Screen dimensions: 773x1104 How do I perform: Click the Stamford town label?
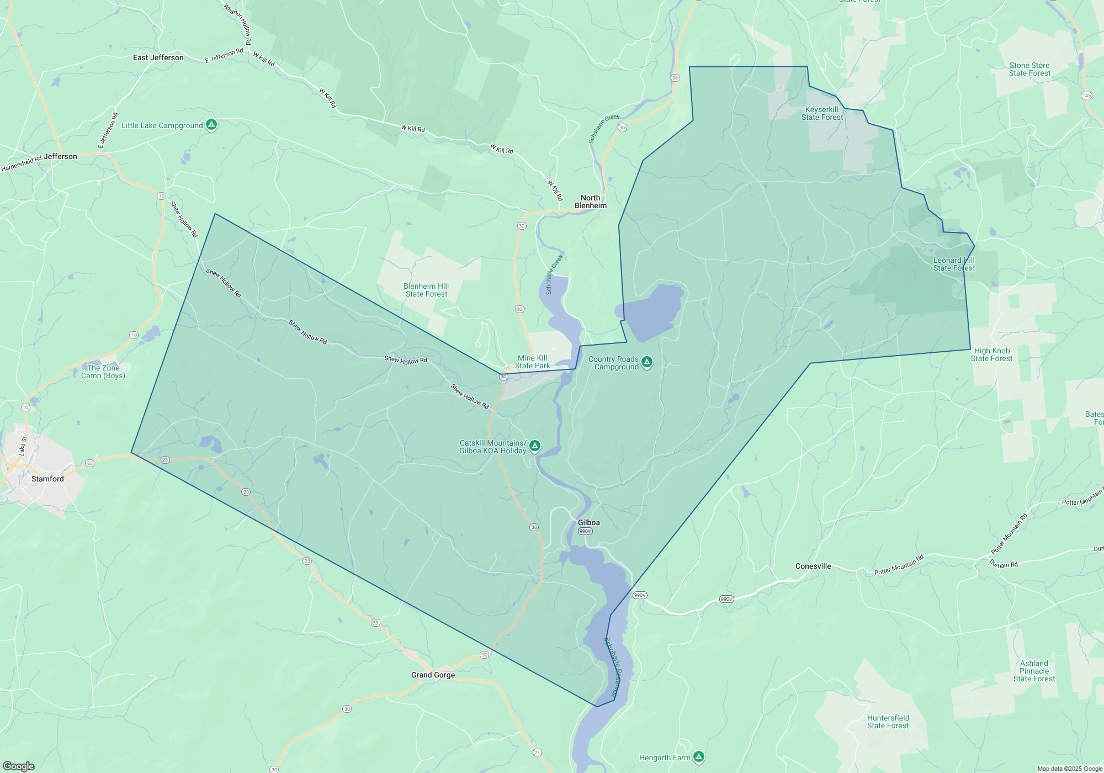point(47,479)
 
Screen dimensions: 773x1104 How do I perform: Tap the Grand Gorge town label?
point(433,675)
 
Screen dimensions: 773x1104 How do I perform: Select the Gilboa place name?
point(588,522)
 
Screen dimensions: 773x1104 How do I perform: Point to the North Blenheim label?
point(590,202)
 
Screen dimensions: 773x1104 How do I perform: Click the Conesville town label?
point(813,566)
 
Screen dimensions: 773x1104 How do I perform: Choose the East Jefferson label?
point(158,57)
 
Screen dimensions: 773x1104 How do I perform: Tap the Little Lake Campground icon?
point(211,125)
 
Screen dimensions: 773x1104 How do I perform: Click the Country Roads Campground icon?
point(647,362)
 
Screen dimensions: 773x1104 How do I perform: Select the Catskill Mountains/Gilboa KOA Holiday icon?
point(534,446)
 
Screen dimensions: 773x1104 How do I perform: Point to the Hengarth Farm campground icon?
point(699,756)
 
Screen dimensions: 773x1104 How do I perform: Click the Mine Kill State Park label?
point(532,362)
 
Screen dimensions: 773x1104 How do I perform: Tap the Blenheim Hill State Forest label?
point(426,290)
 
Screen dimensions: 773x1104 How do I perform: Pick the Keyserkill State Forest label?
point(822,113)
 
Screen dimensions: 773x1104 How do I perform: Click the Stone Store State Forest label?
point(1029,69)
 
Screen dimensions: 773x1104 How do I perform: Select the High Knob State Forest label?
point(991,354)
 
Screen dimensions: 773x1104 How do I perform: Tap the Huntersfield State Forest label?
point(888,722)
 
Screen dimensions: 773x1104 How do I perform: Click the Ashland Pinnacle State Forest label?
point(1034,671)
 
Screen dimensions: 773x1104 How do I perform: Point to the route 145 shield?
point(1086,96)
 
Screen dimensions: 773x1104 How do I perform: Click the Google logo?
point(19,766)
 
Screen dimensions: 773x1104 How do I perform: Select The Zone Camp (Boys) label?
point(103,372)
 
